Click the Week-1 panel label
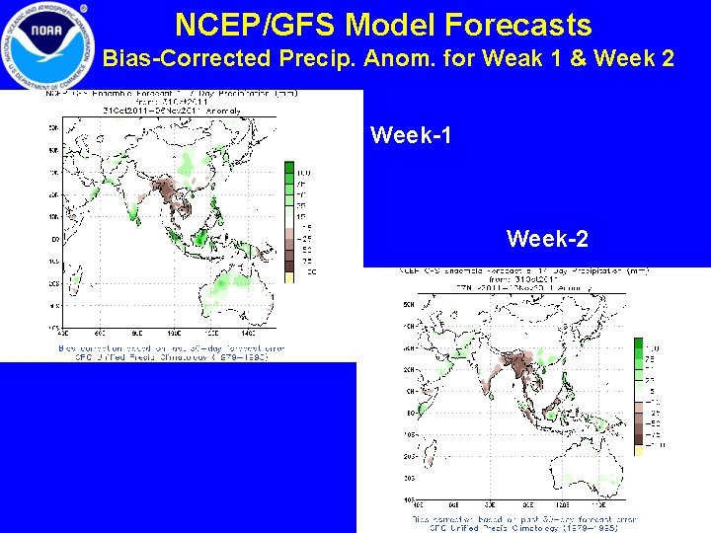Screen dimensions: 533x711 [411, 134]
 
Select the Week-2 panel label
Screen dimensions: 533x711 [547, 238]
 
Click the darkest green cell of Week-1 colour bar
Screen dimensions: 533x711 [290, 168]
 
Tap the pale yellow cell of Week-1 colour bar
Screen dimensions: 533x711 [290, 277]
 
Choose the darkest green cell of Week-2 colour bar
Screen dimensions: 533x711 [638, 345]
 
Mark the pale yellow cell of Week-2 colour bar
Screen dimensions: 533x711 [638, 448]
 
